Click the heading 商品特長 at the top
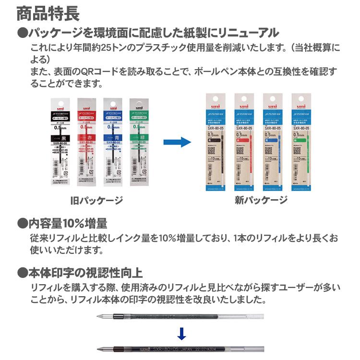pos(48,13)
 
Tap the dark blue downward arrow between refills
pos(181,333)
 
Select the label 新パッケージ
pos(261,200)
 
